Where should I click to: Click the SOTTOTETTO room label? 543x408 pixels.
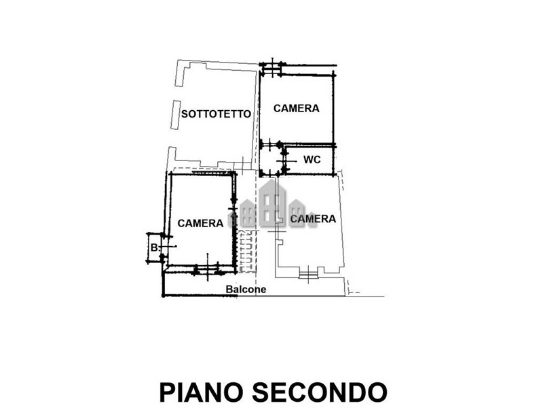coord(216,114)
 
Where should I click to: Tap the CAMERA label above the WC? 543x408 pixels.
coord(297,108)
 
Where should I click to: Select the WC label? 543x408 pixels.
coord(312,160)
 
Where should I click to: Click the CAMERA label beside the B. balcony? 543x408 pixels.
coord(200,223)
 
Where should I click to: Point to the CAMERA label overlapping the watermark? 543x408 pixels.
coord(313,219)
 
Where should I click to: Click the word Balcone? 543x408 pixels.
coord(246,290)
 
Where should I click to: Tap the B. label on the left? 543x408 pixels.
coord(155,248)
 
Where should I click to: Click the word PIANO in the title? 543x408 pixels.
coord(202,392)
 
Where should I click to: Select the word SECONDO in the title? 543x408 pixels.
coord(320,392)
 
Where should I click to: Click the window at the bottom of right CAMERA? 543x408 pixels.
coord(308,274)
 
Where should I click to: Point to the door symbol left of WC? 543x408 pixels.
coord(286,161)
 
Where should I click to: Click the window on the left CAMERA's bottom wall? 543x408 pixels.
coord(208,268)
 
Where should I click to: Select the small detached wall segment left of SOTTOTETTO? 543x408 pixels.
coord(176,115)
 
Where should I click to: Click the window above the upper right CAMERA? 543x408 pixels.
coord(272,69)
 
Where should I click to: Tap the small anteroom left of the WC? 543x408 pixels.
coord(272,160)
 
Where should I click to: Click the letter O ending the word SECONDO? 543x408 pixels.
coord(377,392)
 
